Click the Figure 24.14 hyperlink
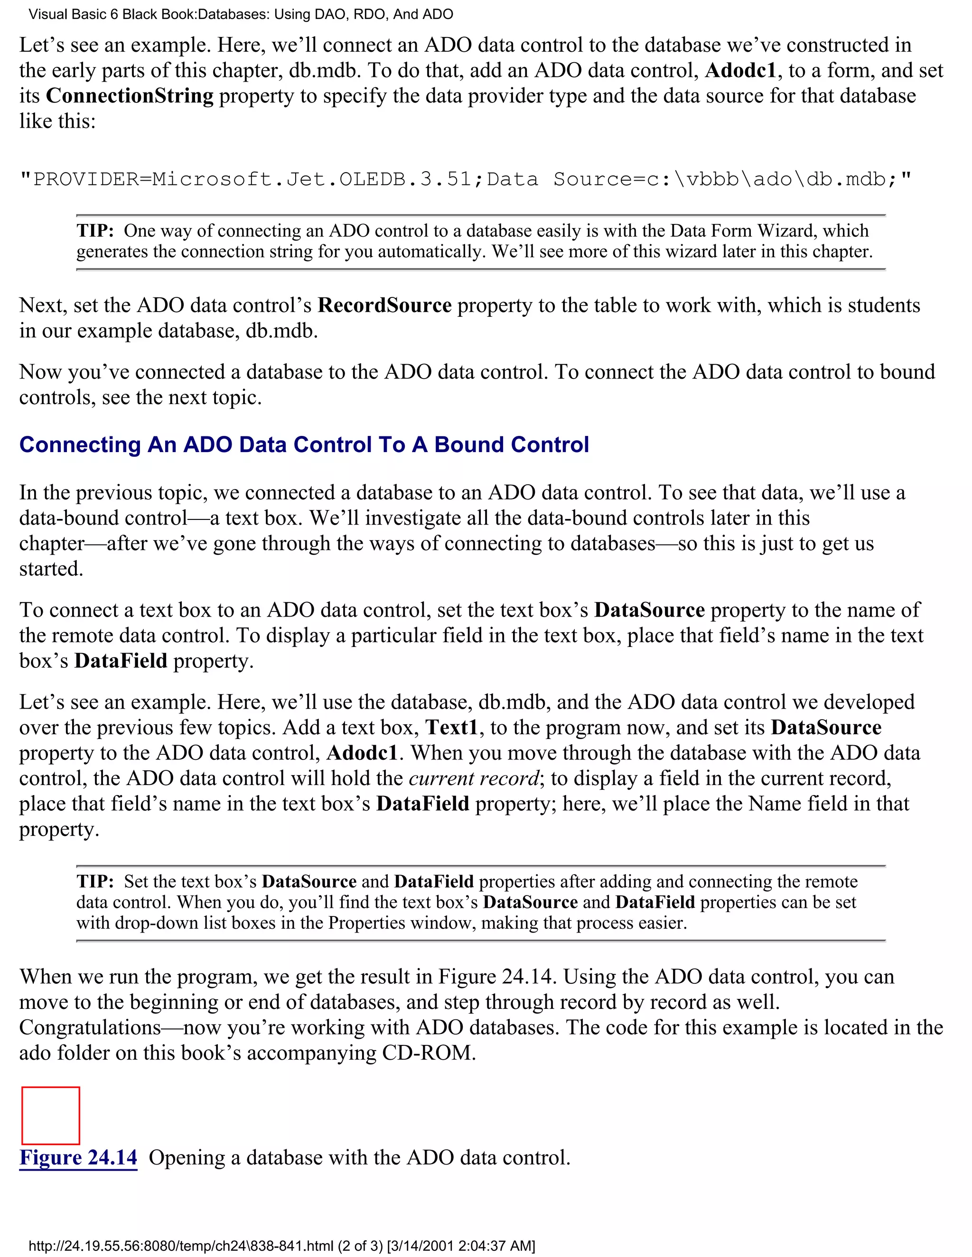coord(78,1157)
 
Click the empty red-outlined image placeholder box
coord(51,1116)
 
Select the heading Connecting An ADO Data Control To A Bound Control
coord(304,445)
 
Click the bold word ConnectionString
coord(130,95)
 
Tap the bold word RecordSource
coord(384,305)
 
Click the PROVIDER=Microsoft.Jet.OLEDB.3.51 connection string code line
coord(465,180)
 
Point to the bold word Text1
coord(451,728)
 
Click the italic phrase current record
coord(474,778)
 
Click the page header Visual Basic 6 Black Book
coord(241,14)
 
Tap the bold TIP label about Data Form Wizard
coord(95,231)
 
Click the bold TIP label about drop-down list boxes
coord(95,882)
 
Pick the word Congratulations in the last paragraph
coord(90,1027)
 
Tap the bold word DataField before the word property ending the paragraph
coord(121,661)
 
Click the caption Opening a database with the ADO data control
coord(359,1157)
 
